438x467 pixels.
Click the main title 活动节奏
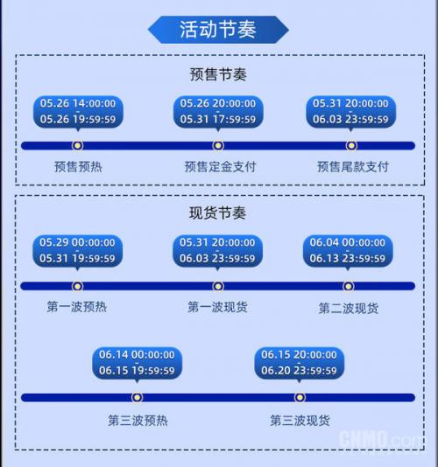coord(218,30)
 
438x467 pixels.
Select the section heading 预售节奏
coord(218,74)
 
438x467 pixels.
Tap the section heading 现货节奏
coord(217,213)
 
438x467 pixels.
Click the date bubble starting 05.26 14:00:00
coord(78,112)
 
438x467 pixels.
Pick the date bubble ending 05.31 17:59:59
coord(218,112)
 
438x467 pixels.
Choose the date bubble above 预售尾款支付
coord(351,112)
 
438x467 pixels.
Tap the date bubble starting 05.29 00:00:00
coord(77,251)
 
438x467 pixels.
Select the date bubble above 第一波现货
coord(217,251)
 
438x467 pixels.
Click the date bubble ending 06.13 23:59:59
coord(348,251)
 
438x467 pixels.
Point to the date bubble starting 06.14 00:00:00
coord(137,363)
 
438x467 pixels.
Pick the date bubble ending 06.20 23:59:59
coord(300,363)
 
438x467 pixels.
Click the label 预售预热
coord(78,167)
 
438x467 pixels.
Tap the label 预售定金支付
coord(221,167)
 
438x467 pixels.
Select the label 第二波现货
coord(348,308)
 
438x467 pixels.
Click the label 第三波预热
coord(138,421)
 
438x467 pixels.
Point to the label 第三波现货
coord(300,421)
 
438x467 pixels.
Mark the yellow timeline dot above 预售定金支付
coord(218,146)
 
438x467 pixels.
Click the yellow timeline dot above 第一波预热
coord(78,286)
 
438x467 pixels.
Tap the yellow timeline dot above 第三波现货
coord(300,397)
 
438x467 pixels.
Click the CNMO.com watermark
coord(381,439)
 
